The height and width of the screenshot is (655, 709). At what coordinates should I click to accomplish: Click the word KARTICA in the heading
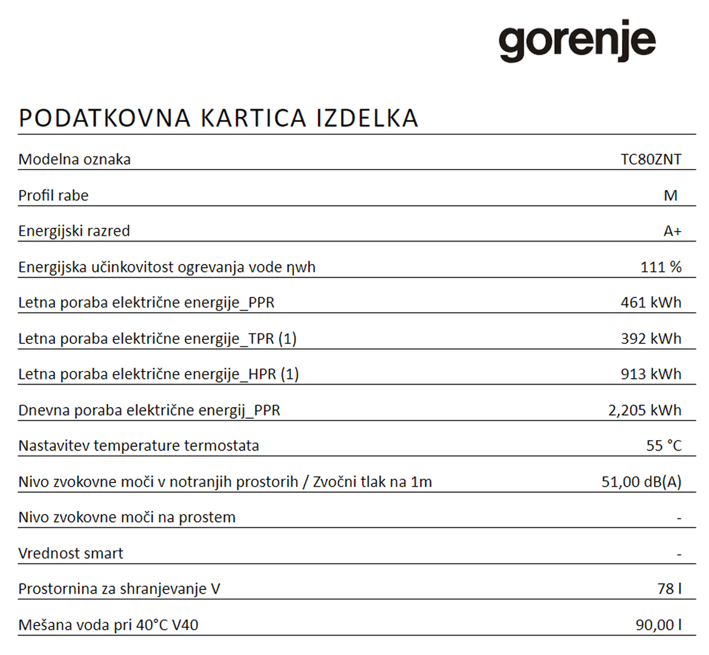coord(253,118)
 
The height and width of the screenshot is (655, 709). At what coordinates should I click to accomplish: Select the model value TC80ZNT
coord(651,159)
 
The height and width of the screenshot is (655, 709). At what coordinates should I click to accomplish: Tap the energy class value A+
coord(672,231)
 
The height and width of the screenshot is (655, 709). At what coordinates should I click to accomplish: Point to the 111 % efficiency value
coord(661,267)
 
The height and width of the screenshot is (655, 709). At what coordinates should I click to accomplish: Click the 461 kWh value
coord(651,302)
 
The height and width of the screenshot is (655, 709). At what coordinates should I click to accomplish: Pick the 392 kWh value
coord(651,338)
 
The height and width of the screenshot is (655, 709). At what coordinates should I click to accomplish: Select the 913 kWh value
coord(651,374)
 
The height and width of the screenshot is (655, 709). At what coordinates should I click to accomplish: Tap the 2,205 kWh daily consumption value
coord(645,410)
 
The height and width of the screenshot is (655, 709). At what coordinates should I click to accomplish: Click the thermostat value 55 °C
coord(664,445)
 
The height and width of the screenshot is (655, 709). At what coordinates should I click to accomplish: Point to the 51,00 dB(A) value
coord(641,481)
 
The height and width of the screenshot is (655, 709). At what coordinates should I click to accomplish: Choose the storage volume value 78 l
coord(669,589)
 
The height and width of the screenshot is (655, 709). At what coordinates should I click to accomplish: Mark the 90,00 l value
coord(658,625)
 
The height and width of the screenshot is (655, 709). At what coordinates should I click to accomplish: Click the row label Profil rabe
coord(53,195)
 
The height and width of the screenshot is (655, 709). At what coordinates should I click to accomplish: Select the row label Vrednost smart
coord(71,553)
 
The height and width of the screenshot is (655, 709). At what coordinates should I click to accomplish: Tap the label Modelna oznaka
coord(74,159)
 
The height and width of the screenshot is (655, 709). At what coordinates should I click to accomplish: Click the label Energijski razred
coord(74,231)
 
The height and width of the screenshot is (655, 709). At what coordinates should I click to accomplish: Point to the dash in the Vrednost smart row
coord(679,555)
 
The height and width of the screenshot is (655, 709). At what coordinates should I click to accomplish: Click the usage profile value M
coord(670,195)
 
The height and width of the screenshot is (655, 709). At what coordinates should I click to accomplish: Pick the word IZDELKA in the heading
coord(367,118)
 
